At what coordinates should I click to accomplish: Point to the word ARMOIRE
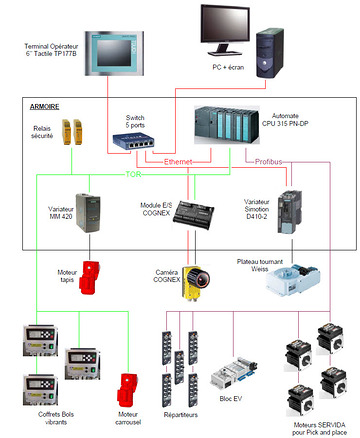(43, 104)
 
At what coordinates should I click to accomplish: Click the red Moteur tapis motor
(94, 279)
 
